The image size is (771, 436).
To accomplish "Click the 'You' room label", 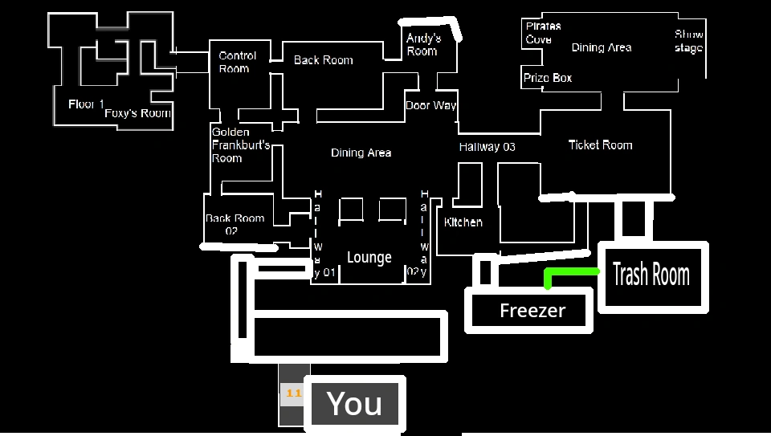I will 354,404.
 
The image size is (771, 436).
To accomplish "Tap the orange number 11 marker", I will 293,393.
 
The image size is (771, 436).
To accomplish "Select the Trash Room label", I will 651,275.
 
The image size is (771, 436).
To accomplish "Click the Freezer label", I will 532,311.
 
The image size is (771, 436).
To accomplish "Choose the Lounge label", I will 369,258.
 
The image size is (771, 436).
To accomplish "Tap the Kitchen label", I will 463,222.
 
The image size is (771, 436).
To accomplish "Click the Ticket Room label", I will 600,145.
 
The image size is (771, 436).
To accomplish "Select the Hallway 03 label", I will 487,147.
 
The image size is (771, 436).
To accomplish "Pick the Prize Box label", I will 548,79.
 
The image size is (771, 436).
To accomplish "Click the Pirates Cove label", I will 542,33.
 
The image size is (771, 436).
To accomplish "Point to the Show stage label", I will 689,41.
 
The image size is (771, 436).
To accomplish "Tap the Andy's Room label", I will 423,44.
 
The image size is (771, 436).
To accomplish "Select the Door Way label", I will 431,105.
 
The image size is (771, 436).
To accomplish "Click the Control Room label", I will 238,62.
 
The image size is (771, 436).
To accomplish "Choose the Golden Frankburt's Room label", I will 240,145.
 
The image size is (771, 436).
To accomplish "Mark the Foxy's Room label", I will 138,113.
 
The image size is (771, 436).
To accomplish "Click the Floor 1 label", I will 86,104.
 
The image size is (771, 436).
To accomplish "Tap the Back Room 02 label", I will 234,224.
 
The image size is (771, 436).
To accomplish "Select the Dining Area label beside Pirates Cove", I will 602,48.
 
